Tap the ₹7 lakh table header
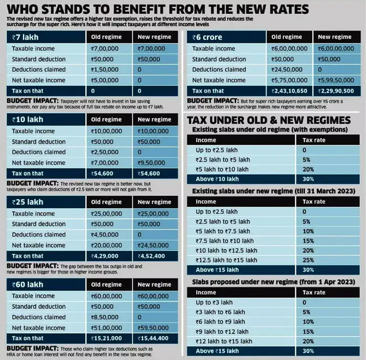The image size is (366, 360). (x=26, y=37)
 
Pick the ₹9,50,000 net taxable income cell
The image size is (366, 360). (x=154, y=163)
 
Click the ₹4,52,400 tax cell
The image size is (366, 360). (x=154, y=256)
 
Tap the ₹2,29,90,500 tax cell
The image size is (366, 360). (x=335, y=91)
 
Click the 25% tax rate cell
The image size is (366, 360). (x=308, y=260)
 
